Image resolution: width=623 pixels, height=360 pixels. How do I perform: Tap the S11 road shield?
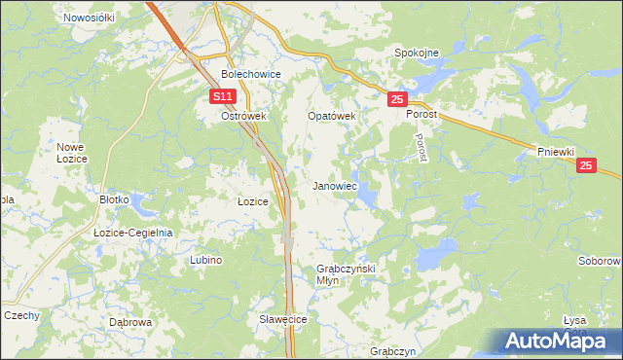pos(224,96)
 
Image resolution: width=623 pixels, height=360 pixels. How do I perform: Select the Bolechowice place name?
pos(251,74)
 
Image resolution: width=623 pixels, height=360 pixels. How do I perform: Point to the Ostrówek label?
pos(243,116)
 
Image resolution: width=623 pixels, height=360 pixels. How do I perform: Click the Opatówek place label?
pos(332,116)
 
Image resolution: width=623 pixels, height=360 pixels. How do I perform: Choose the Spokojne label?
pos(417,53)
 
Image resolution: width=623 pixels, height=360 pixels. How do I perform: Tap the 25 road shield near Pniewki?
pos(585,166)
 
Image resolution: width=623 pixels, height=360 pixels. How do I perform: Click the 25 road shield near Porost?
pos(396,99)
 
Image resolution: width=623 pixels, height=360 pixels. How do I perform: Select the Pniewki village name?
pos(557,152)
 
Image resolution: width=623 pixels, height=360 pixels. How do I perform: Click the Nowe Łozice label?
pos(71,152)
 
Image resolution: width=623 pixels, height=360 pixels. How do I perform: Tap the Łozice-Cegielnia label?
pos(132,233)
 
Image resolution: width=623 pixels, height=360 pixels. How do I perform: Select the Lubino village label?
pos(205,260)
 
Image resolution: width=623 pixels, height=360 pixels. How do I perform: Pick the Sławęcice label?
pos(283,319)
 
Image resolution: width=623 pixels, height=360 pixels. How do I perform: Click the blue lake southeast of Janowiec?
pos(367,198)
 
